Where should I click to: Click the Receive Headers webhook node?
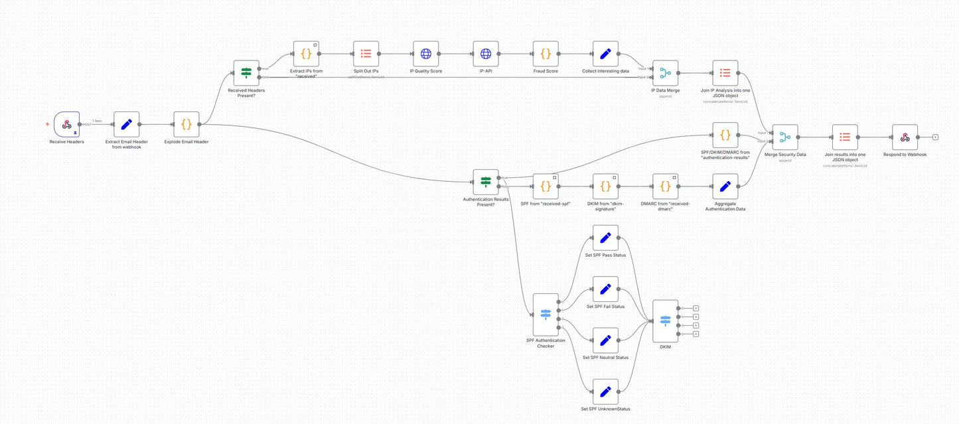tap(67, 124)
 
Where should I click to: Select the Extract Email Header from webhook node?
tap(127, 124)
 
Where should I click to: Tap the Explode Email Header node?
tap(186, 124)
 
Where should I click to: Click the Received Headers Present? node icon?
tap(246, 73)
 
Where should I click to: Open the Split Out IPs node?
tap(366, 54)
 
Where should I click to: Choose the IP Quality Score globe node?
tap(425, 54)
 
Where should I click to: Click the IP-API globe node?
tap(485, 54)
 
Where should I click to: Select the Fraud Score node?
tap(546, 54)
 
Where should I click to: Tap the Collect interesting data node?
tap(605, 54)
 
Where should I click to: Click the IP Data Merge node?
tap(665, 73)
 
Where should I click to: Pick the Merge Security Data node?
tap(785, 137)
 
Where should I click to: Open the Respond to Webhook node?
tap(905, 137)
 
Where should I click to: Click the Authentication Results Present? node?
tap(485, 182)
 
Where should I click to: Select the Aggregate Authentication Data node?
tap(725, 186)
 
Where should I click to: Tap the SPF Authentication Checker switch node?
tap(546, 315)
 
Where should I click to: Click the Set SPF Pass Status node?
tap(605, 238)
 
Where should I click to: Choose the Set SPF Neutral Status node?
tap(605, 340)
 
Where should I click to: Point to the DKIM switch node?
tap(665, 321)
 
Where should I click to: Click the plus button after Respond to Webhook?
tap(935, 137)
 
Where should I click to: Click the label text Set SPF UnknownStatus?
tap(605, 409)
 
